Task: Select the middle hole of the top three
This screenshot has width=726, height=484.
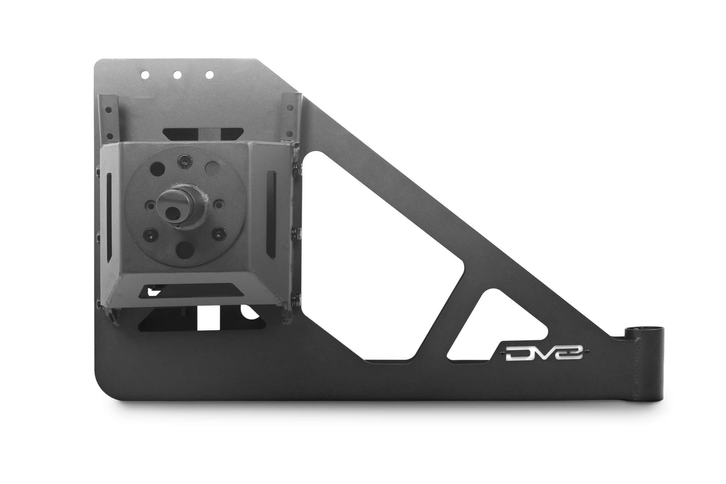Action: (x=178, y=75)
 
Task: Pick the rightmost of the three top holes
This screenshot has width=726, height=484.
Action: (x=209, y=75)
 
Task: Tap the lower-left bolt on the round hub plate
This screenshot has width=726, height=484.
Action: (x=149, y=235)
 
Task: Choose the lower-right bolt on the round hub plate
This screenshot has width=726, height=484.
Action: (x=220, y=234)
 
